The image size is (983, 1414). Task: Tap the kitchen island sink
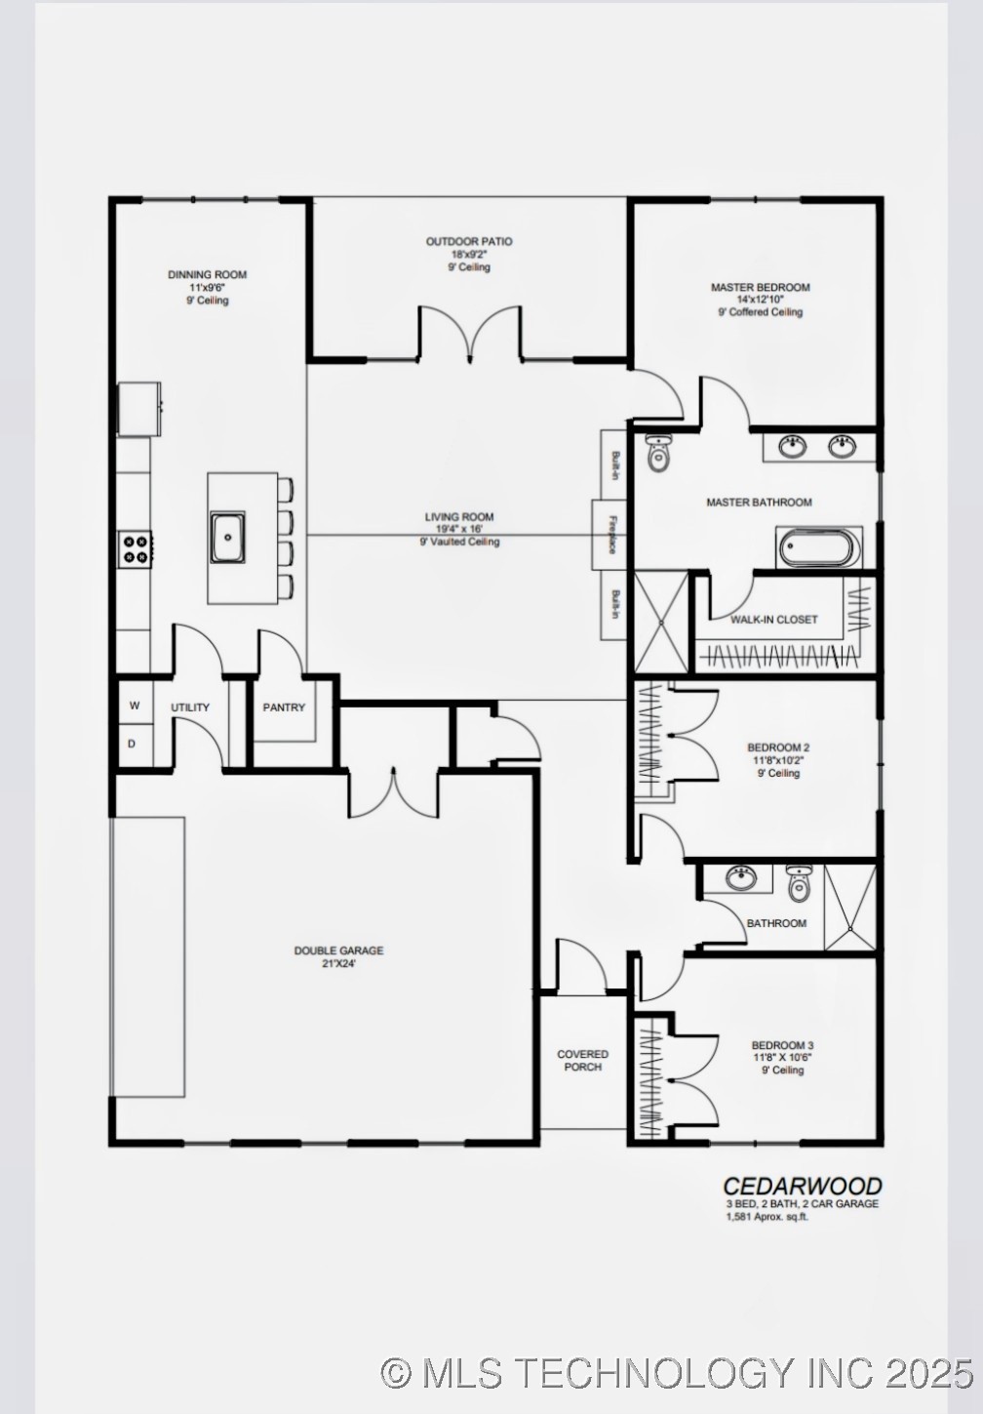pyautogui.click(x=228, y=536)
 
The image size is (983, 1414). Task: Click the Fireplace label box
pyautogui.click(x=612, y=534)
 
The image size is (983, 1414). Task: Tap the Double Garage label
pyautogui.click(x=338, y=950)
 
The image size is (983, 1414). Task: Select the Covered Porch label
pyautogui.click(x=582, y=1061)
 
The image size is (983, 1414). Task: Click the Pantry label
pyautogui.click(x=284, y=707)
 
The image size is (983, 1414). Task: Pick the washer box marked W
pyautogui.click(x=135, y=706)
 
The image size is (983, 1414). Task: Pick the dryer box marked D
pyautogui.click(x=133, y=744)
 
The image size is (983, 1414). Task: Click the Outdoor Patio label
pyautogui.click(x=468, y=241)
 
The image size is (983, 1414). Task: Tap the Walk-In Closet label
pyautogui.click(x=774, y=620)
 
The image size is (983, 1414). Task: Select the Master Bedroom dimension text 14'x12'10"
pyautogui.click(x=760, y=300)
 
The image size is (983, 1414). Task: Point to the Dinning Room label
pyautogui.click(x=207, y=274)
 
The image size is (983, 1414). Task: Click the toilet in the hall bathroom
pyautogui.click(x=799, y=884)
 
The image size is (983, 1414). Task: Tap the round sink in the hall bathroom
pyautogui.click(x=742, y=878)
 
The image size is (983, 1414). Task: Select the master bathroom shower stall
pyautogui.click(x=661, y=623)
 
